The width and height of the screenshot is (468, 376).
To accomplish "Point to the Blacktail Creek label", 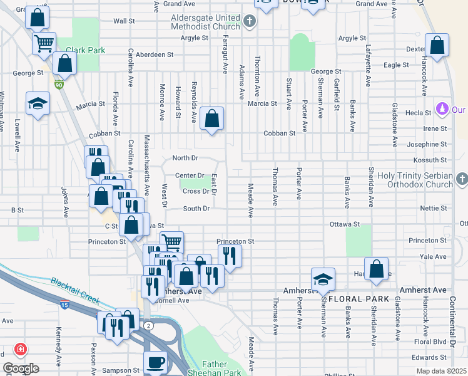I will (x=75, y=291).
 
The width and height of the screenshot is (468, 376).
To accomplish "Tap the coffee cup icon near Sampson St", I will (x=155, y=362).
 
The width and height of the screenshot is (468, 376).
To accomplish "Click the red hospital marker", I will (x=21, y=348).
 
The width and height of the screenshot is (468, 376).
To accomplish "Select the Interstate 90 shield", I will (x=59, y=85).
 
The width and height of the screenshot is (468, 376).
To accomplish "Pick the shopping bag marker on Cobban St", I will (x=212, y=118).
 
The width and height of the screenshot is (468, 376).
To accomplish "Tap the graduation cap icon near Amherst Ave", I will (x=323, y=279).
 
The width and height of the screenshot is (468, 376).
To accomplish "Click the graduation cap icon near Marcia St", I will (x=38, y=103).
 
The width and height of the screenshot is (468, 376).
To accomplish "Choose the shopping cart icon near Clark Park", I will (x=44, y=43).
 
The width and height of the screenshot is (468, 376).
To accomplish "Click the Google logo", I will (x=21, y=368).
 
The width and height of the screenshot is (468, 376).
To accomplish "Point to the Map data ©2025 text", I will (x=441, y=371).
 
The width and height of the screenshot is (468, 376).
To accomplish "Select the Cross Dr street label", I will (x=195, y=191).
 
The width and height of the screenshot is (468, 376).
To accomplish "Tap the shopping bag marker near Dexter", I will (x=437, y=45).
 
